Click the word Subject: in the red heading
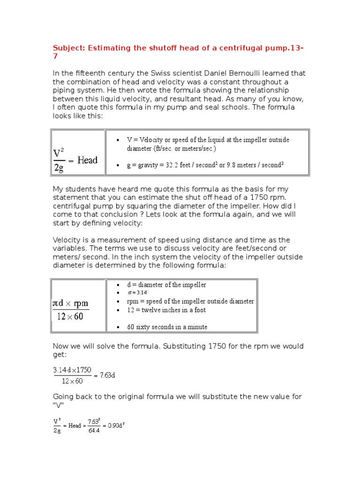point(68,48)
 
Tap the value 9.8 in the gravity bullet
point(231,165)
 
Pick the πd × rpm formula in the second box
point(70,309)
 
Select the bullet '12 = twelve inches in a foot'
point(166,310)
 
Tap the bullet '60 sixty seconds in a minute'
point(167,327)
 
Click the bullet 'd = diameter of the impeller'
point(166,285)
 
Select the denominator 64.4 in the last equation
point(94,430)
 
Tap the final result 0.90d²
point(115,426)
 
